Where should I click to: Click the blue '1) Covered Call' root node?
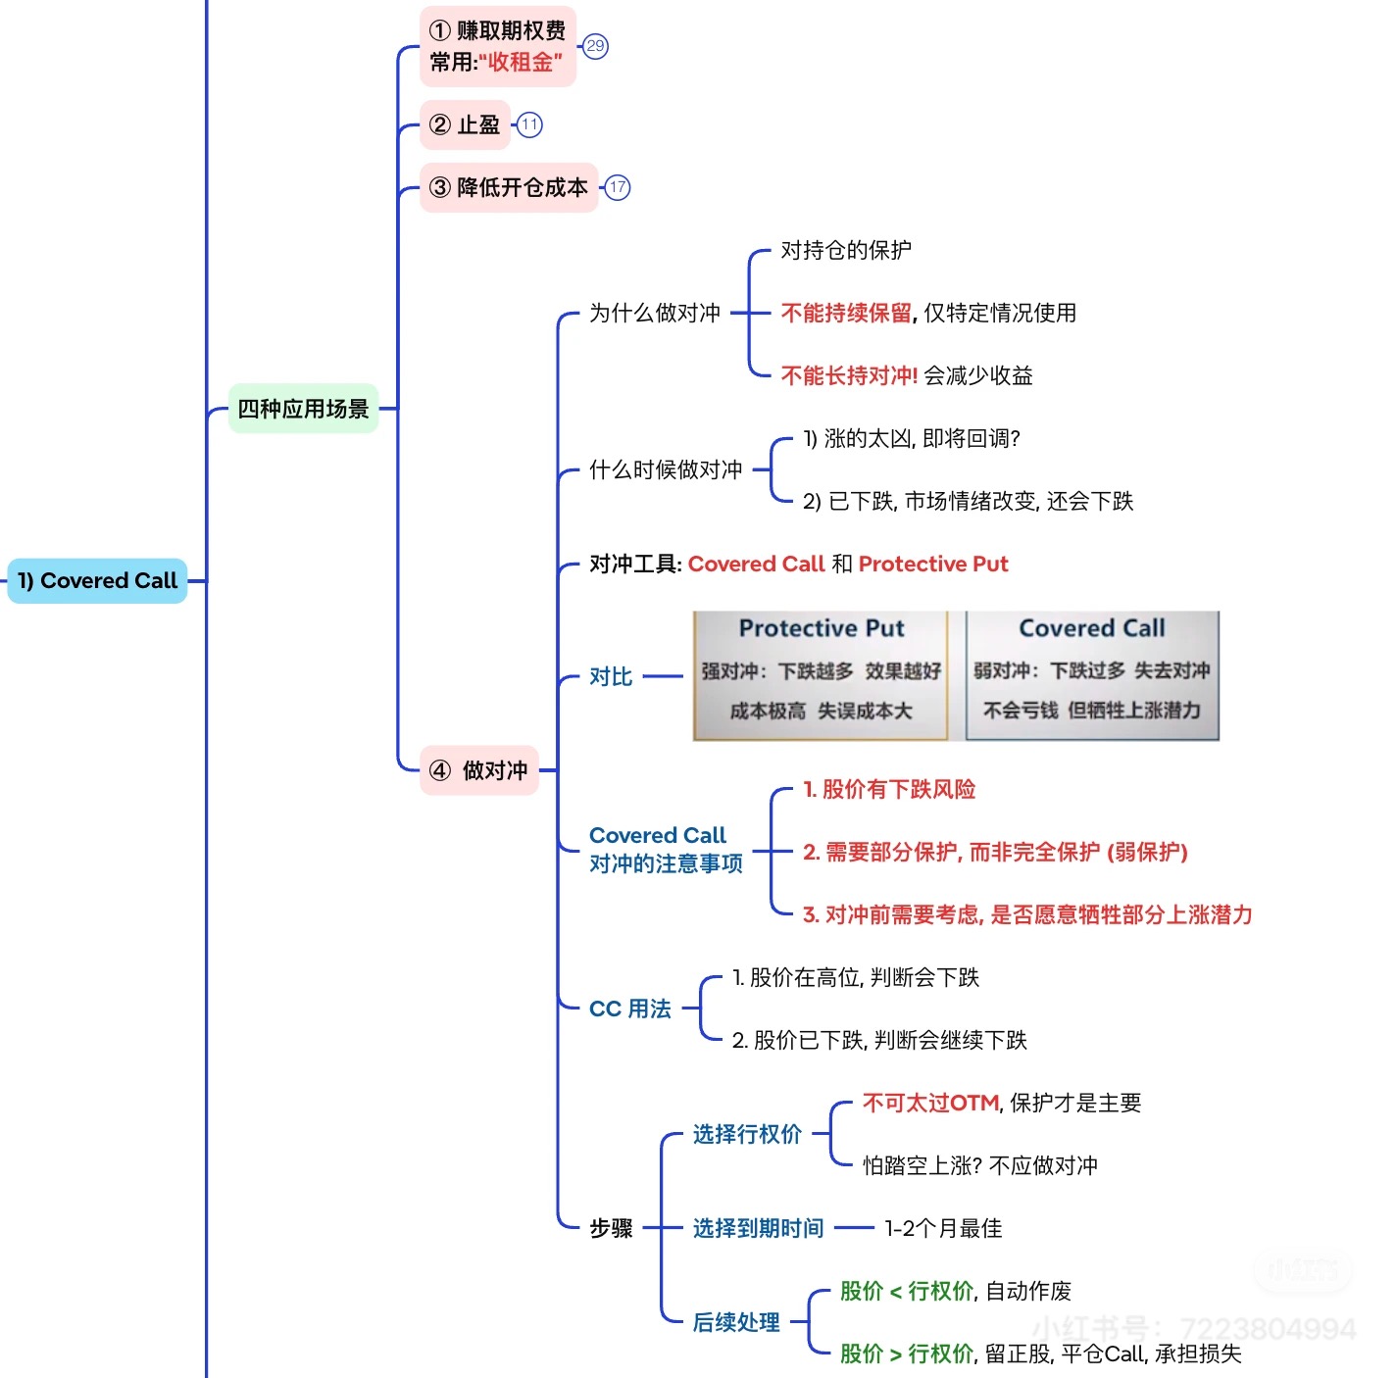[97, 580]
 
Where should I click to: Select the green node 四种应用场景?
[303, 409]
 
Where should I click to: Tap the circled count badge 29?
[595, 46]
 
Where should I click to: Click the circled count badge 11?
[529, 124]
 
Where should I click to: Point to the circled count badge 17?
[618, 187]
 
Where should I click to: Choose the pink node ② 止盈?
[465, 124]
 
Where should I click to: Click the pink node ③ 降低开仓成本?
[509, 187]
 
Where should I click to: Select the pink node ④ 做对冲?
[479, 770]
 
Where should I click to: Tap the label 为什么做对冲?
[655, 313]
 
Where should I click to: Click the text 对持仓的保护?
[846, 250]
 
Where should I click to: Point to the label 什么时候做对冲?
[666, 469]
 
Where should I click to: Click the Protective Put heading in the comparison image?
[822, 628]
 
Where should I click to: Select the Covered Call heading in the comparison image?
[1092, 628]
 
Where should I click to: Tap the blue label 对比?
[611, 676]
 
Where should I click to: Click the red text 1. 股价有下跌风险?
[889, 789]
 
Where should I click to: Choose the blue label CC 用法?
[630, 1009]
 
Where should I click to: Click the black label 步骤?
[611, 1228]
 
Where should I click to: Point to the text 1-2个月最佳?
[943, 1228]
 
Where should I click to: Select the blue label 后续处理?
[736, 1322]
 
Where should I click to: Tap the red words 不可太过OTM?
[930, 1103]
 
